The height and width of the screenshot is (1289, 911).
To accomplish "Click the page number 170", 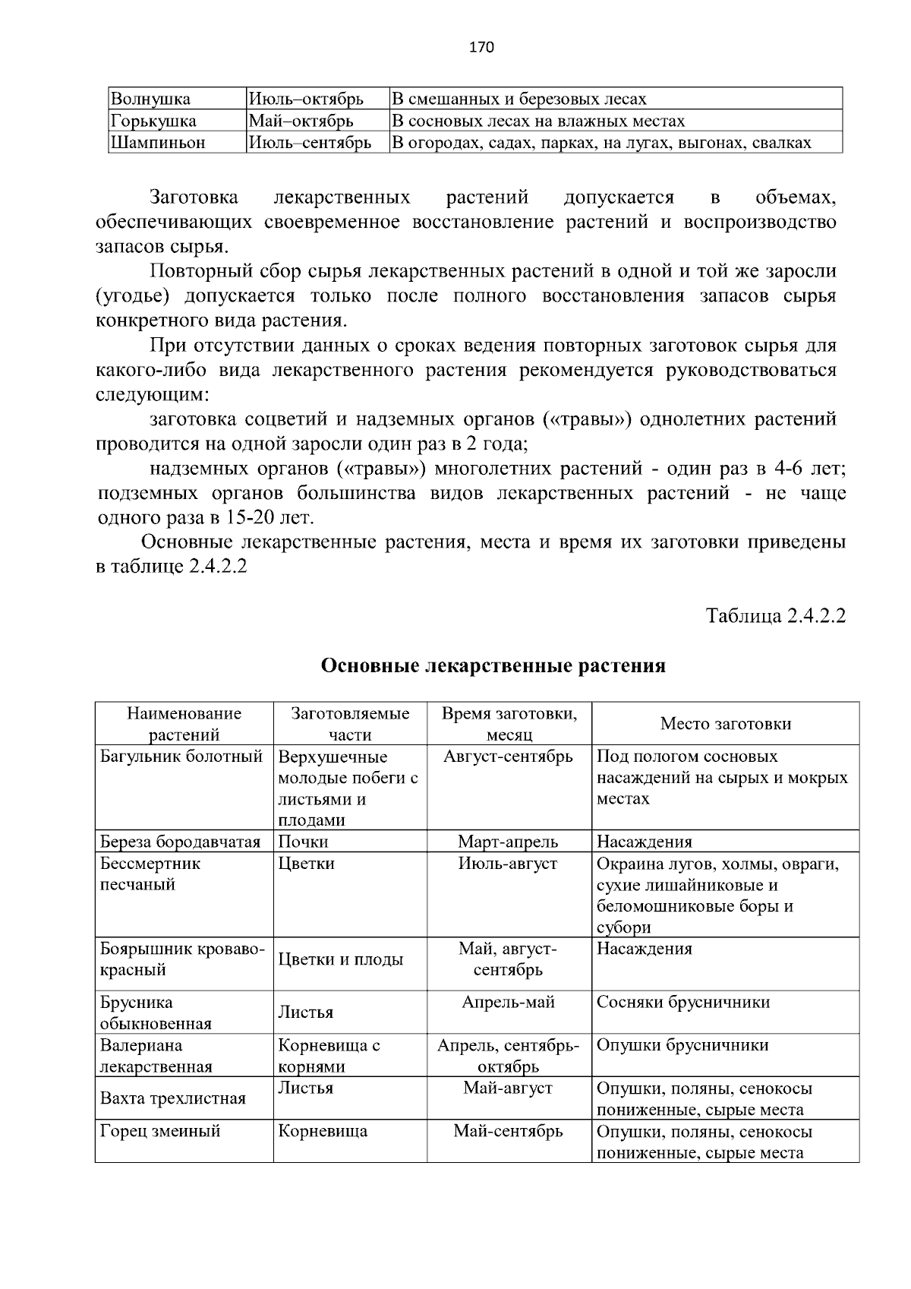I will tap(481, 48).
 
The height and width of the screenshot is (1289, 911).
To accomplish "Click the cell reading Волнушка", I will tap(150, 99).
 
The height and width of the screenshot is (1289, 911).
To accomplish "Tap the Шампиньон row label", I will tap(158, 143).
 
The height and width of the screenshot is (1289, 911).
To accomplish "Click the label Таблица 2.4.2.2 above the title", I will tap(776, 615).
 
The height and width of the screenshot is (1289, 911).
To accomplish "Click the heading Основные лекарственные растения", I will tap(493, 666).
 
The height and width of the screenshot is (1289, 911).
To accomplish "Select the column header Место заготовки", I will tap(725, 724).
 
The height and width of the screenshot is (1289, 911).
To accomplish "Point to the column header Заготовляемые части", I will tap(350, 724).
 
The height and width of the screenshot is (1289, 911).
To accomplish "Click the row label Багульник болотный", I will tap(181, 757).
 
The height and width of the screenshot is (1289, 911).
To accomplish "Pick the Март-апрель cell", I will tap(508, 842).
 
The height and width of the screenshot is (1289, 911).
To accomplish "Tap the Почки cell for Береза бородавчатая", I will tap(304, 842).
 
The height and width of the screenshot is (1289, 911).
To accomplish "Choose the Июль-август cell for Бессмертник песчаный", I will tap(508, 864).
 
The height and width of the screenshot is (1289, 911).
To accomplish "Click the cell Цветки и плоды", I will tap(341, 959).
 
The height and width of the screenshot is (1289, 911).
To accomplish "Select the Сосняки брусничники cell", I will tap(682, 1003).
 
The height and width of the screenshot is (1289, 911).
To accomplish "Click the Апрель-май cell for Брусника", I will tap(508, 1003).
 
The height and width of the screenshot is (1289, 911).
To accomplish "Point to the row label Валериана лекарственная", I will tap(156, 1056).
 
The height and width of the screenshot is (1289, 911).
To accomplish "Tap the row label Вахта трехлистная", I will tap(173, 1098).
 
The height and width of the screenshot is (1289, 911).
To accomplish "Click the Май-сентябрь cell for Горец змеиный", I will tap(508, 1131).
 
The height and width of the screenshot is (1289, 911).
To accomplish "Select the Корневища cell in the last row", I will tap(323, 1131).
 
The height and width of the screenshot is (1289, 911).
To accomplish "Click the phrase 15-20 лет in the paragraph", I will tap(270, 518).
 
